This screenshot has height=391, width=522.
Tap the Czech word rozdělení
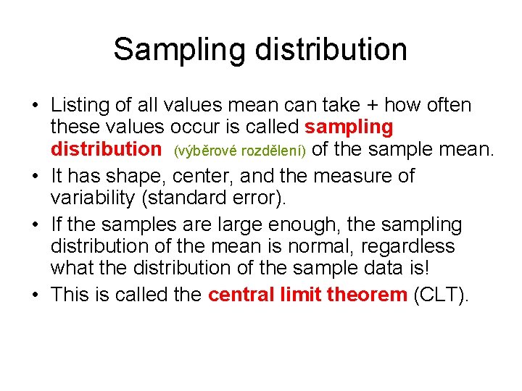coord(268,151)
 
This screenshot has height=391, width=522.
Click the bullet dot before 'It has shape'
coord(35,176)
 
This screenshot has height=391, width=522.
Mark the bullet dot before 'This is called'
coord(35,295)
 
